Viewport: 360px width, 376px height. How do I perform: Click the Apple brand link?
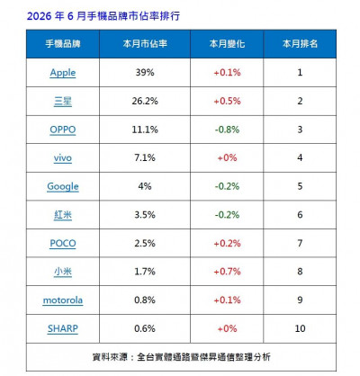point(63,73)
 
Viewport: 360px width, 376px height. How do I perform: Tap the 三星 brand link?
point(63,102)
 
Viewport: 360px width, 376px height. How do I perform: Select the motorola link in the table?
point(63,300)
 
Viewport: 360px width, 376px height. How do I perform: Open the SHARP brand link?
point(63,328)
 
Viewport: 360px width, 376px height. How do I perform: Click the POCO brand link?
point(63,243)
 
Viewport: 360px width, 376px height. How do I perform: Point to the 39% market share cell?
point(145,73)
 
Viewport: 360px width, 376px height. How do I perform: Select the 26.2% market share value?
point(145,101)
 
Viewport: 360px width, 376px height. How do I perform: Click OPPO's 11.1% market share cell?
point(145,130)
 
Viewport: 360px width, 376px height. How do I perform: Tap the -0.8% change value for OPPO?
point(227,130)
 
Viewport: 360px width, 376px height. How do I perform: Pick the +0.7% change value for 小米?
point(227,272)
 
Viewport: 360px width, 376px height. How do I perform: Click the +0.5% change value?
point(227,101)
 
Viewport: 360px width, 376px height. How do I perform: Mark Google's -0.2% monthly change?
point(227,186)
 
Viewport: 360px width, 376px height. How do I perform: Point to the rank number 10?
point(300,328)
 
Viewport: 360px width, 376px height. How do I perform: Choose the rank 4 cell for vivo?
point(300,157)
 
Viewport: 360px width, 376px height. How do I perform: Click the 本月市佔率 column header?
point(145,44)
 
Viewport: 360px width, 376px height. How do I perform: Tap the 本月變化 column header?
point(227,44)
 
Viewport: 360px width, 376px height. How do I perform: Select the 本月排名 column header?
point(300,44)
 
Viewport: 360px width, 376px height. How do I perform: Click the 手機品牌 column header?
point(63,44)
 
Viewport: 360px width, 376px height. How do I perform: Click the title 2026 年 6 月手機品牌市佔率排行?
point(103,16)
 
